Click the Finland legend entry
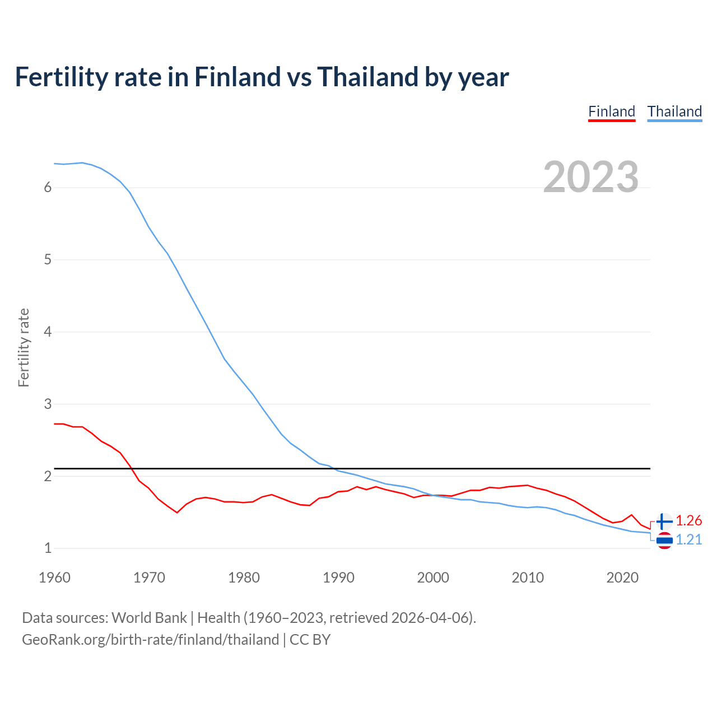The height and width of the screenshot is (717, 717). tap(612, 111)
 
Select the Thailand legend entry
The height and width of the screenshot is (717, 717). tap(674, 111)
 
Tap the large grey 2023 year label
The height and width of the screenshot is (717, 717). tap(591, 177)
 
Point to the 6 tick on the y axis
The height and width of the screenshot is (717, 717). tap(48, 188)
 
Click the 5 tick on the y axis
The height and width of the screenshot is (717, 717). tap(48, 260)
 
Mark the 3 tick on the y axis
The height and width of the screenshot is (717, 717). tap(48, 404)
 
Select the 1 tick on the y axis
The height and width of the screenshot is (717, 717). tap(48, 548)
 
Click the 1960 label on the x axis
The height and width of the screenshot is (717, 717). tap(54, 578)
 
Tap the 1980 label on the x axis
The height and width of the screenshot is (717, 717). tap(244, 578)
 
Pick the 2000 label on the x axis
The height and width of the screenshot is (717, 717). tap(433, 578)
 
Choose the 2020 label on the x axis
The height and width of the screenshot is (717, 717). tap(622, 578)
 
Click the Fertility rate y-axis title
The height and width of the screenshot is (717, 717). tap(24, 347)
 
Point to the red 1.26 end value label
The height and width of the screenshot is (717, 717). tap(688, 521)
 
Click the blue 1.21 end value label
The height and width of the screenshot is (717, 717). tap(688, 539)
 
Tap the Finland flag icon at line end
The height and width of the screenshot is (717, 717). tap(664, 522)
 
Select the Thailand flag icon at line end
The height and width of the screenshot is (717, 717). tap(664, 541)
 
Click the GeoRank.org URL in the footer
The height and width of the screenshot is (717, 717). tap(150, 640)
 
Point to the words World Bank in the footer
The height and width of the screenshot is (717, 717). tap(149, 618)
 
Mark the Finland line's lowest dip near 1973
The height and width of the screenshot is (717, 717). tap(177, 512)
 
